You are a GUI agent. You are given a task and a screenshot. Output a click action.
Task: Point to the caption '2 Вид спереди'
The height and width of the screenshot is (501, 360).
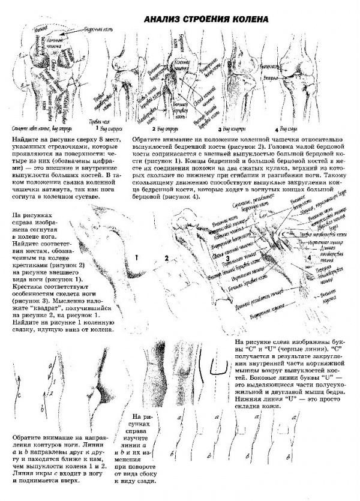pos(165,128)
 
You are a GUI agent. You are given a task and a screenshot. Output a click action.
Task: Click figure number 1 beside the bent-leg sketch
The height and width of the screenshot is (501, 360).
pos(137,257)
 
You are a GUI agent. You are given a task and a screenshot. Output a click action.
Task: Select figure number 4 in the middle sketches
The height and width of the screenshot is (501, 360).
pos(309,257)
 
